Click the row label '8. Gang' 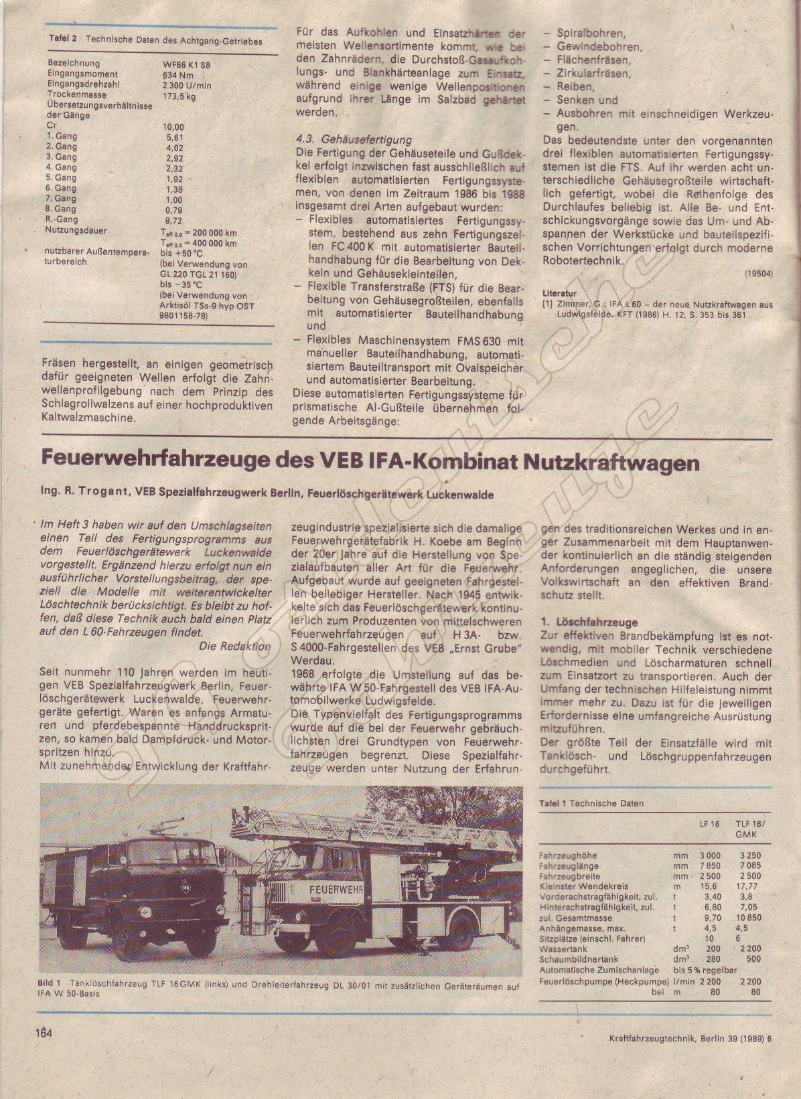pos(62,208)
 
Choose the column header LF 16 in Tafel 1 pos(709,824)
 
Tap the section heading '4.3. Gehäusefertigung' pos(353,140)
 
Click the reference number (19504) pos(758,273)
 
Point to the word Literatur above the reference pos(559,292)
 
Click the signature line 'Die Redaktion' pos(235,646)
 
